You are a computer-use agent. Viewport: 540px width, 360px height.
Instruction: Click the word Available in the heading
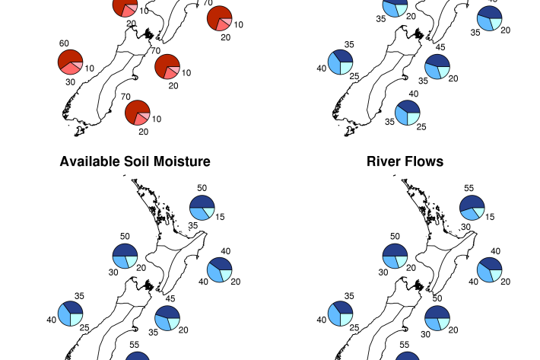point(91,161)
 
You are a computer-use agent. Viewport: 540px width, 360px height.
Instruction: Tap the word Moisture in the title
point(182,161)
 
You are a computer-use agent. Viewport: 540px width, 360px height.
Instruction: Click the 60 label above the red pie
point(64,43)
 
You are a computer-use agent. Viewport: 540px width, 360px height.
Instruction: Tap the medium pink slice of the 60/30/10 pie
point(71,68)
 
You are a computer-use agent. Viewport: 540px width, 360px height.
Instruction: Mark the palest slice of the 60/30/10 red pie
point(78,65)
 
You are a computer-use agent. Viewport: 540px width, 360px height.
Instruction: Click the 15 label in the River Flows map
point(490,217)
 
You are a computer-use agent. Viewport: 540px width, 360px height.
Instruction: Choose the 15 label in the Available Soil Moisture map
point(220,217)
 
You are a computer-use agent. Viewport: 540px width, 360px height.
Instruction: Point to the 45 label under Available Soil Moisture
point(170,298)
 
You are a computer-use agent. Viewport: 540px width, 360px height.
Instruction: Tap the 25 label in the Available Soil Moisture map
point(84,327)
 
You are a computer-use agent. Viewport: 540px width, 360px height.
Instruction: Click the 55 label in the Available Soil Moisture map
point(135,345)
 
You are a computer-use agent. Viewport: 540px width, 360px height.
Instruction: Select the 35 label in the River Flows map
point(349,296)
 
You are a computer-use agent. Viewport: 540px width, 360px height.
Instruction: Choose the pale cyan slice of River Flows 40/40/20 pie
point(496,275)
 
